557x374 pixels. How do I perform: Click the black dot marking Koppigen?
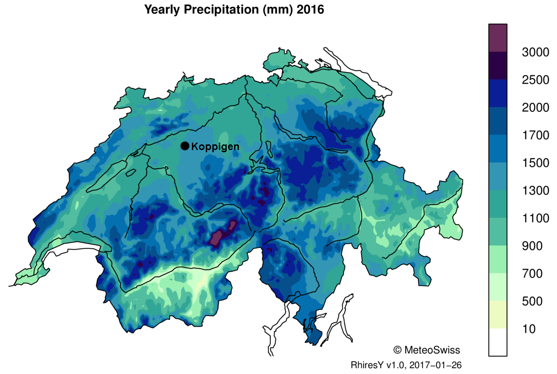tap(185, 146)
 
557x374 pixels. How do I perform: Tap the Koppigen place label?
tap(215, 147)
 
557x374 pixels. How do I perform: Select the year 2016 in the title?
tap(310, 10)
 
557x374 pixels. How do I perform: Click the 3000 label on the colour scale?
tap(535, 53)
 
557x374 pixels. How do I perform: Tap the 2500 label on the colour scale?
tap(535, 80)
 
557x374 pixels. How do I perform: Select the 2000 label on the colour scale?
tap(535, 108)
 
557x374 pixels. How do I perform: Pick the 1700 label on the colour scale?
tap(535, 136)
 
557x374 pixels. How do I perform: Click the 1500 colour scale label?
tap(535, 163)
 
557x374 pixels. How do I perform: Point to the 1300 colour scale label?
tap(535, 191)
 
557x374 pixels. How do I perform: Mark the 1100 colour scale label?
tap(535, 218)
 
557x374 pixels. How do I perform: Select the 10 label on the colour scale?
tap(529, 329)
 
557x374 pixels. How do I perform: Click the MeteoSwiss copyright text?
tap(426, 350)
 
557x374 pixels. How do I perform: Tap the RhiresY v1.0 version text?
tap(406, 364)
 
